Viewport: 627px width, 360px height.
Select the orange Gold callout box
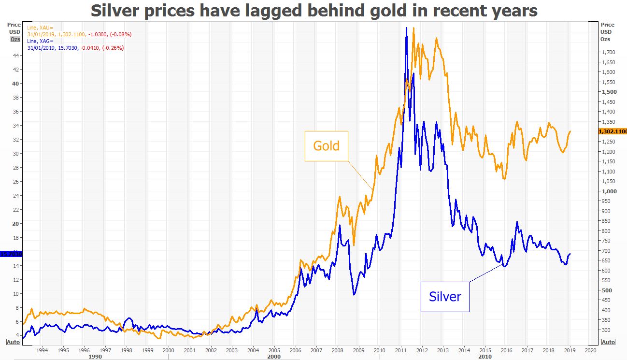(x=326, y=146)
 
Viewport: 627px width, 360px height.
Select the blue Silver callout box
(x=445, y=296)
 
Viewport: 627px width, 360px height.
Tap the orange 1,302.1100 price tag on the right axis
(x=612, y=131)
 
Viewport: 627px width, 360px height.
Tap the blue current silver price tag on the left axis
(x=10, y=254)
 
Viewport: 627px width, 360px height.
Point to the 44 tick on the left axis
(x=16, y=56)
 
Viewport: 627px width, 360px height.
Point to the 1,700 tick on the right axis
(x=608, y=52)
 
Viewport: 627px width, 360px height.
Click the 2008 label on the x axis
(x=337, y=349)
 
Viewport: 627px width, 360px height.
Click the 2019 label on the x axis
(x=570, y=349)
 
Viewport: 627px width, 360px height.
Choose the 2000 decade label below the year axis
(x=273, y=356)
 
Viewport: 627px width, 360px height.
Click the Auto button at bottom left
(x=13, y=342)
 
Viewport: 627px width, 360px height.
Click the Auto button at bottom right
(x=608, y=342)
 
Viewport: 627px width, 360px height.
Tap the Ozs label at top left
(x=15, y=39)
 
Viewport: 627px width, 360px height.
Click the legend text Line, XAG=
(x=41, y=42)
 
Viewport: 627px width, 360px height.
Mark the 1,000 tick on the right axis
(x=608, y=191)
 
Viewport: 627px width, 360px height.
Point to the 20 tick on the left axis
(x=16, y=224)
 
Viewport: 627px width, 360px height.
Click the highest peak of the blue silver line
(x=406, y=28)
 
